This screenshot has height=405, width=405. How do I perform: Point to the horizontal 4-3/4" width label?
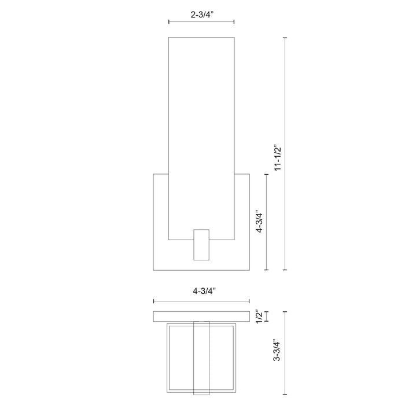pyautogui.click(x=201, y=292)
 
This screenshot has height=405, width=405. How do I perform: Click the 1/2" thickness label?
pyautogui.click(x=260, y=318)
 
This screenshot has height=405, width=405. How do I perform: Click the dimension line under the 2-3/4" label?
pyautogui.click(x=201, y=23)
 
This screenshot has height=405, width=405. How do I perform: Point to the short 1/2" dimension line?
pyautogui.click(x=267, y=318)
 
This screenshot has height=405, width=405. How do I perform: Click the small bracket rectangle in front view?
pyautogui.click(x=201, y=244)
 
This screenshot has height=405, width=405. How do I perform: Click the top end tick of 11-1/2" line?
pyautogui.click(x=285, y=38)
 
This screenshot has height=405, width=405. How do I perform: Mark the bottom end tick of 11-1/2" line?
pyautogui.click(x=285, y=270)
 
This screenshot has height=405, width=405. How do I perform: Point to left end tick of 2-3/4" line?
pyautogui.click(x=168, y=23)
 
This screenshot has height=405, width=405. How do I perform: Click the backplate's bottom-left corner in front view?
pyautogui.click(x=153, y=270)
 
